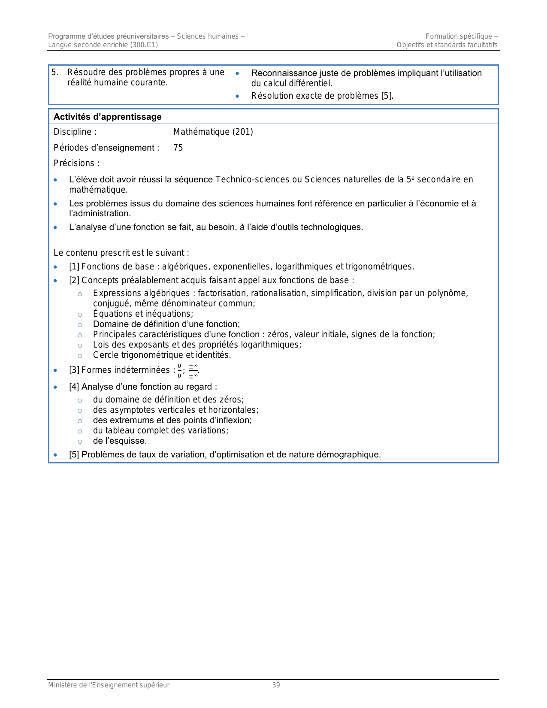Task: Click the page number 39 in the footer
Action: point(276,685)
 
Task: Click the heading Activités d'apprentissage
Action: point(108,117)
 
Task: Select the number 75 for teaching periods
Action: point(178,148)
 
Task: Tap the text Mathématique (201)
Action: point(213,132)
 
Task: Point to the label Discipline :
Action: point(75,132)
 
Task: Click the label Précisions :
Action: point(77,163)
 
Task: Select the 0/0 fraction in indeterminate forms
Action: point(179,370)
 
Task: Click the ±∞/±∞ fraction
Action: point(193,370)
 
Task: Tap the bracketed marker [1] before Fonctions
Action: point(74,267)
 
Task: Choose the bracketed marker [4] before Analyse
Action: point(74,387)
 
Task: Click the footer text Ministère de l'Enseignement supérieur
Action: point(109,685)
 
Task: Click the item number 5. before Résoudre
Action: point(54,73)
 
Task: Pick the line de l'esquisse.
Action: point(120,441)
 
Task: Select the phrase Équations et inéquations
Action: point(143,314)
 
